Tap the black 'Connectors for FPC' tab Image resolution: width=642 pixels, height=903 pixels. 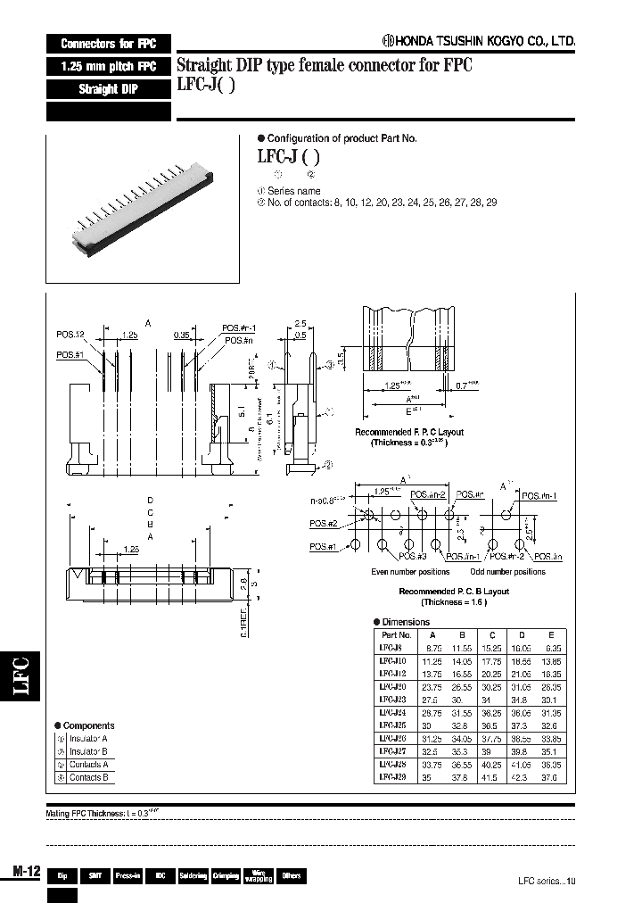(x=109, y=44)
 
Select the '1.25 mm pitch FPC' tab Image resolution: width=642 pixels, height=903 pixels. (x=109, y=67)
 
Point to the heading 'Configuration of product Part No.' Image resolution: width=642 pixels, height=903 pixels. (x=342, y=138)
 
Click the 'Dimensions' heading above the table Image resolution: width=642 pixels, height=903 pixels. (x=405, y=622)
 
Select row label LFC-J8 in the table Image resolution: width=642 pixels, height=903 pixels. (x=391, y=648)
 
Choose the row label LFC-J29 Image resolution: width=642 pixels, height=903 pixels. (x=392, y=777)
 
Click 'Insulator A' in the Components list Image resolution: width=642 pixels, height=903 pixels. (x=88, y=739)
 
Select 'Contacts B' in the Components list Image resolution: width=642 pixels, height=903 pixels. (x=88, y=777)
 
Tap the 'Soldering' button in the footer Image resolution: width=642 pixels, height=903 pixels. (x=193, y=876)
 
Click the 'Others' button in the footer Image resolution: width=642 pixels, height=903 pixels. (x=291, y=876)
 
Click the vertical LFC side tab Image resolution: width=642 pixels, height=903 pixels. (x=23, y=675)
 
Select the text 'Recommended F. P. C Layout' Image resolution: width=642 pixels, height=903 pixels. (x=409, y=432)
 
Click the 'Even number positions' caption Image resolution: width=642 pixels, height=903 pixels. (x=410, y=571)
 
